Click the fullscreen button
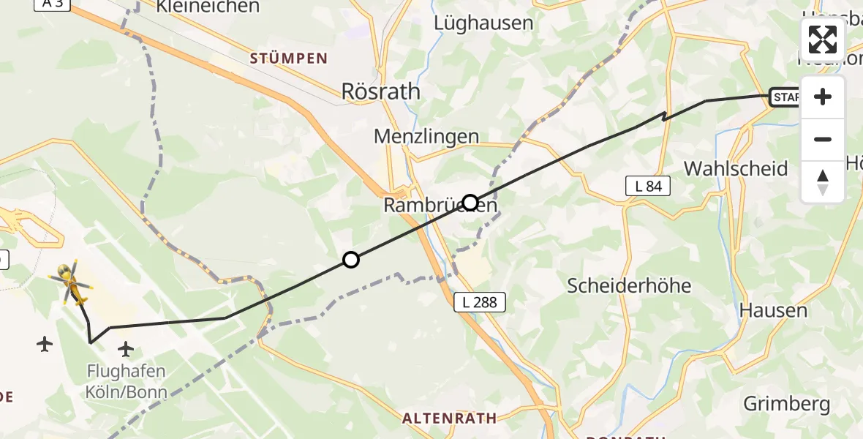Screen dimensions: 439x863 (823, 40)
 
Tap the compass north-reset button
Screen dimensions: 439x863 (823, 182)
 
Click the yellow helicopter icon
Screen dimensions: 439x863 (70, 282)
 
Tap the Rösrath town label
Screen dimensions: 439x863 (381, 91)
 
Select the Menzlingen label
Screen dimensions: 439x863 (426, 136)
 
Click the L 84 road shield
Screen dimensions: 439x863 (648, 187)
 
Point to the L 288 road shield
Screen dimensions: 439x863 (479, 301)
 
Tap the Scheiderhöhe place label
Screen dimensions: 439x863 (629, 285)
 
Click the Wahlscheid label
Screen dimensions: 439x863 (736, 168)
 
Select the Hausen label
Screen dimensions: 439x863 (773, 310)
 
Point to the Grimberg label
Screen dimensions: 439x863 (787, 403)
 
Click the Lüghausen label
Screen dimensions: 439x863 (483, 23)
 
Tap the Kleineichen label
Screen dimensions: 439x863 (208, 7)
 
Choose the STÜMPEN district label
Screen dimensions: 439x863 (288, 59)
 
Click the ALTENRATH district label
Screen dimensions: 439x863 (449, 419)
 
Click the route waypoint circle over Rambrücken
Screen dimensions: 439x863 (470, 203)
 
